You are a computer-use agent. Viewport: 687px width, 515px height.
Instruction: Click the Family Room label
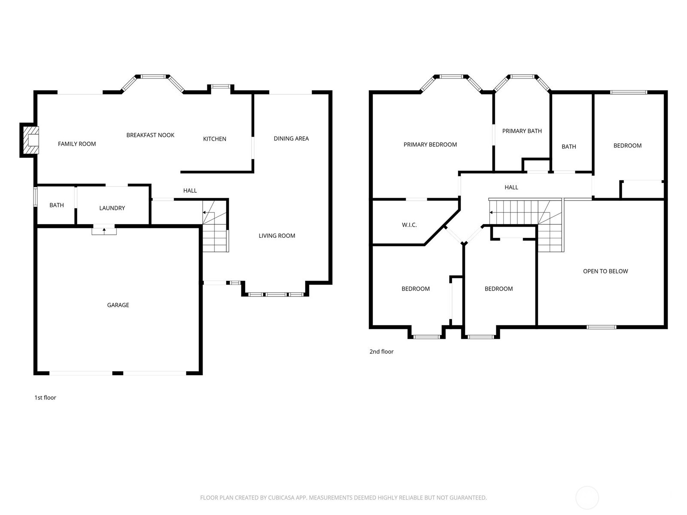(77, 144)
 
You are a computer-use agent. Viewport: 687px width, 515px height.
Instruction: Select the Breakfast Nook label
(150, 135)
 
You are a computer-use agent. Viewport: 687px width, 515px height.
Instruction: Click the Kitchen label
(214, 139)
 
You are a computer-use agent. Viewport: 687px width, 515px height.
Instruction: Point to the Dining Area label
(291, 138)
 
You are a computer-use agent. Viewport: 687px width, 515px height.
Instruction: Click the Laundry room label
(112, 208)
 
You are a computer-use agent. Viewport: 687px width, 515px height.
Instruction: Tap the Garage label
(118, 305)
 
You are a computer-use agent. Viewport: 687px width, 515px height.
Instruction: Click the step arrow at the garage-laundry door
(104, 230)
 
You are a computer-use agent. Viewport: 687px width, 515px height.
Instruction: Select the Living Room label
(277, 236)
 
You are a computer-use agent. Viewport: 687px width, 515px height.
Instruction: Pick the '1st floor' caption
(45, 398)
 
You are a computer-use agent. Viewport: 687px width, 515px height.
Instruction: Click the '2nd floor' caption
(381, 351)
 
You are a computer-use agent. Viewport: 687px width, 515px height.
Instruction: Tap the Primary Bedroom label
(430, 145)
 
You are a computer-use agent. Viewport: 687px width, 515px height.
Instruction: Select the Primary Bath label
(522, 131)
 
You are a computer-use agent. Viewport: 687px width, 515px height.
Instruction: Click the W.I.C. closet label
(409, 225)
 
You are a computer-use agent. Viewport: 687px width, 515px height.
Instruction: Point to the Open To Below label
(605, 271)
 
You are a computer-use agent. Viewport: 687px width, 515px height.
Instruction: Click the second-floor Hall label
(511, 187)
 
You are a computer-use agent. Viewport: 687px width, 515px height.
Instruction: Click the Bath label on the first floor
(57, 205)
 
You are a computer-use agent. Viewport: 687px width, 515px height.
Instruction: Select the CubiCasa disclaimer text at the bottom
(343, 498)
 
